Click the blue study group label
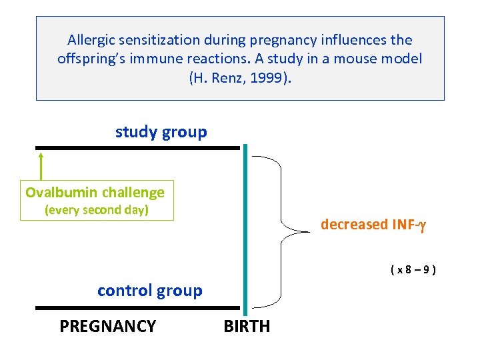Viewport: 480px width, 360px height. (161, 132)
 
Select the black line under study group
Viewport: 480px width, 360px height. (137, 147)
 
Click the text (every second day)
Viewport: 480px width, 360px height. (96, 210)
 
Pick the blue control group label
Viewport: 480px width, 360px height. (149, 291)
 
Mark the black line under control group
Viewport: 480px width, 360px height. (137, 308)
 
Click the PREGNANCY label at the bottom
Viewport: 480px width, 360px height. (107, 326)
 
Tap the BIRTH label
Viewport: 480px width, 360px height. (247, 326)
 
